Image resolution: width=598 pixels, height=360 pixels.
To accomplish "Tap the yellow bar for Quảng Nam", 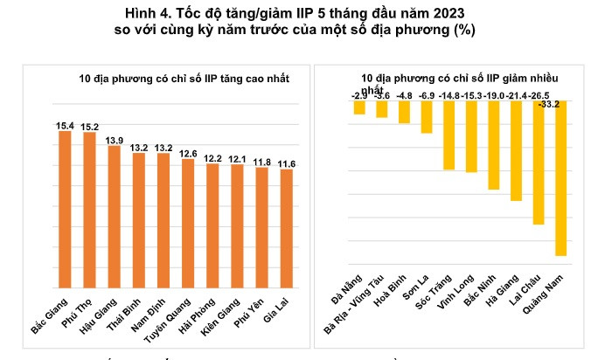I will coord(560,178).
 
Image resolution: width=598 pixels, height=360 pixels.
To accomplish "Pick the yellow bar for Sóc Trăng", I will coord(448,135).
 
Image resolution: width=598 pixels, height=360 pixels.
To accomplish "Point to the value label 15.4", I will coord(65,126).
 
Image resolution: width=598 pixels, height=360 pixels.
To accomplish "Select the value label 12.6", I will coord(188,154).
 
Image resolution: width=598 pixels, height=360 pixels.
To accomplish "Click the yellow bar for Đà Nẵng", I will coord(359,107).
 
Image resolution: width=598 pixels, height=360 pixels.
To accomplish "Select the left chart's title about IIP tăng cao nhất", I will coord(184,80).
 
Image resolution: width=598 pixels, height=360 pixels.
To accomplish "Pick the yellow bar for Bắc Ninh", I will coord(494,144).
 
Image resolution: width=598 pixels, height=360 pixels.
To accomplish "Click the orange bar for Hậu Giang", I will coord(114,215).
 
